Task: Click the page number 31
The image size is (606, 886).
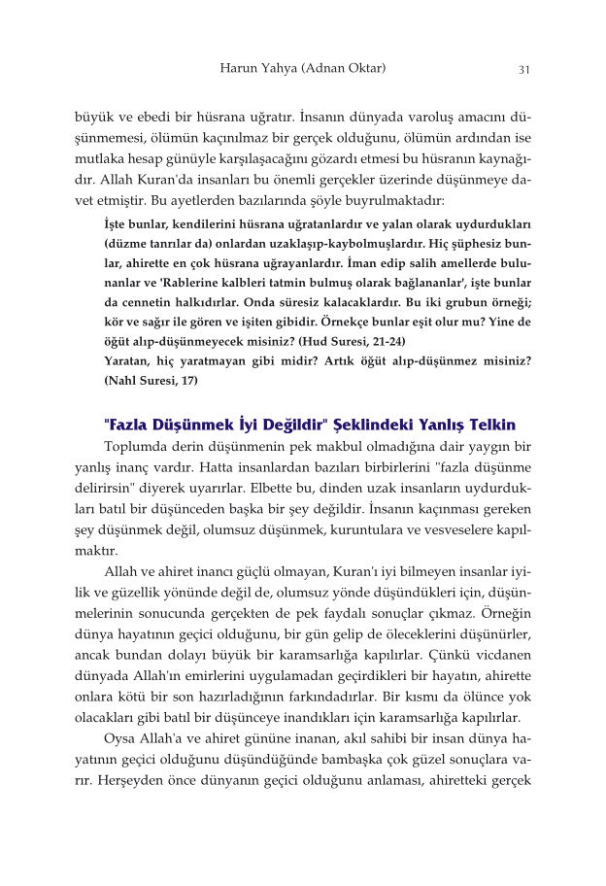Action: (x=523, y=69)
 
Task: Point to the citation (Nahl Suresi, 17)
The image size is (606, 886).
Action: (x=151, y=380)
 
